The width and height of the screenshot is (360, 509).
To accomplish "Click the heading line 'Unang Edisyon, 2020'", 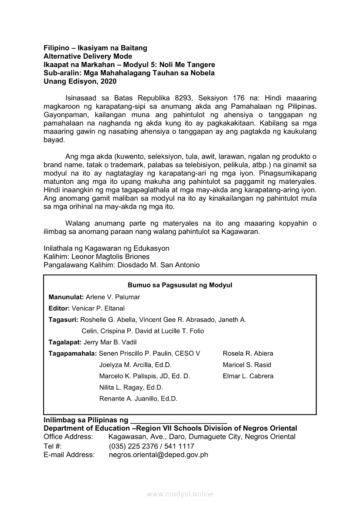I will [80, 81].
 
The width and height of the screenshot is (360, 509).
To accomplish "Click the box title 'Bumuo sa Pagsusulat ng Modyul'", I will [180, 285].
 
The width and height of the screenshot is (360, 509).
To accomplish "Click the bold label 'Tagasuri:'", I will [63, 320].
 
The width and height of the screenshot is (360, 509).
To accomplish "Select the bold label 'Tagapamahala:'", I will [73, 354].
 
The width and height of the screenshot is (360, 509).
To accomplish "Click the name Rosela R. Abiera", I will [248, 354].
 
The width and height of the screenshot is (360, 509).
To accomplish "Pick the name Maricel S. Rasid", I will [247, 365].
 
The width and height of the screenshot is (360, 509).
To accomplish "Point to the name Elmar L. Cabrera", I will [248, 376].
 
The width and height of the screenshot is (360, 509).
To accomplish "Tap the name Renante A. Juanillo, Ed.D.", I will [138, 399].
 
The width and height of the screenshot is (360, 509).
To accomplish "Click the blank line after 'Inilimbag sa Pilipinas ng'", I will [179, 421].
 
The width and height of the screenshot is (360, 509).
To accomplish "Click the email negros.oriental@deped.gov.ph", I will [158, 455].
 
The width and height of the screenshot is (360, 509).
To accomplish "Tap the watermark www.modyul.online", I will [180, 494].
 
